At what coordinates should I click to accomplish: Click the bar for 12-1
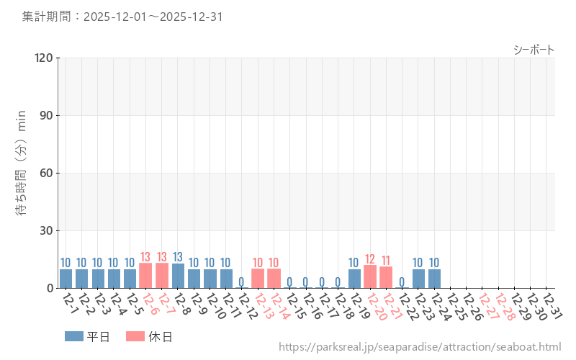66,279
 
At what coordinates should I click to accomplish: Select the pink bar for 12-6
145,276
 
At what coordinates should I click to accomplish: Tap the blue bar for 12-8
178,276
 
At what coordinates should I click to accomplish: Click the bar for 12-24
434,279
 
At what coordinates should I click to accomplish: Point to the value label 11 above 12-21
386,260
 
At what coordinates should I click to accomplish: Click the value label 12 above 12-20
370,258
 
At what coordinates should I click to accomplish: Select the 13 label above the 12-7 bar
162,256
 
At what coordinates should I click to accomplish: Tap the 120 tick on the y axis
44,58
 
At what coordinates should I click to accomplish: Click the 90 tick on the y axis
47,115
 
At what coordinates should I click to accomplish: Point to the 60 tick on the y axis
47,173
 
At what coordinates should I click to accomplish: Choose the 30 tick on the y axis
47,230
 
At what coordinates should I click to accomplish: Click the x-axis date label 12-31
552,306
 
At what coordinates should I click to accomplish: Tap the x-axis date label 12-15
295,306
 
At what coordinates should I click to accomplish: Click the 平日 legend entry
87,336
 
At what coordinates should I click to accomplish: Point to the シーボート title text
534,50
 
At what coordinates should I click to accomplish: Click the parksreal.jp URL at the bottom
419,348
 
